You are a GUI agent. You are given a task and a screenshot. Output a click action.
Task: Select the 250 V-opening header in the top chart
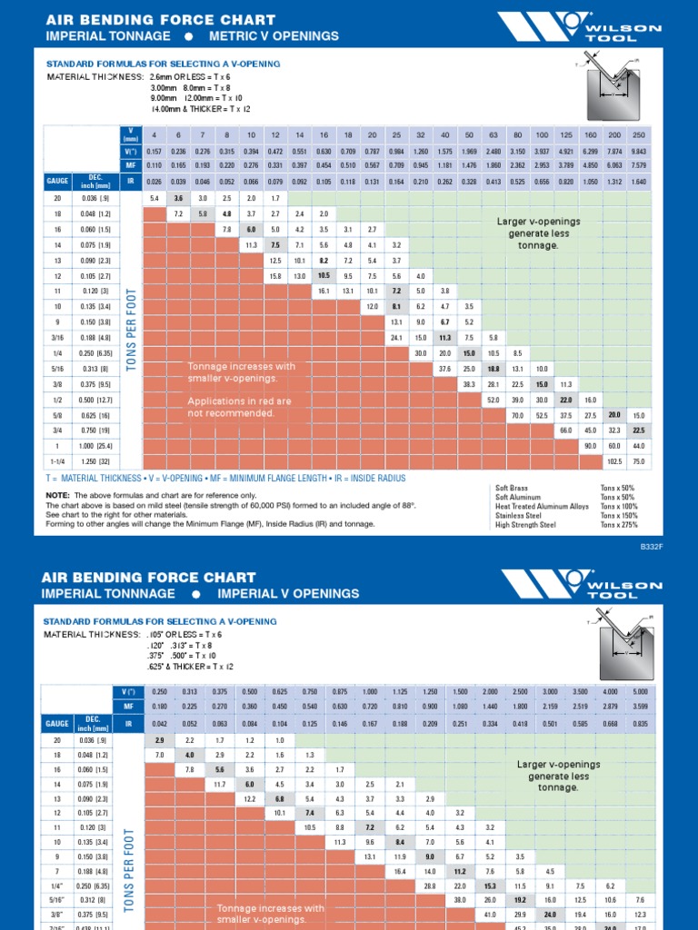pos(639,135)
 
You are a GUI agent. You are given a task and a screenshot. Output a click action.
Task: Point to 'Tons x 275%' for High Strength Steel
pos(619,524)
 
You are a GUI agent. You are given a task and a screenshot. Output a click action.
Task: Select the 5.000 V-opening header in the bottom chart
pos(639,691)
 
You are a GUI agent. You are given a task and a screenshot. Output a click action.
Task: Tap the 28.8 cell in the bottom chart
pos(431,885)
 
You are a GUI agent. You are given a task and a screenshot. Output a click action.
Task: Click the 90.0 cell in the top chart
pos(589,445)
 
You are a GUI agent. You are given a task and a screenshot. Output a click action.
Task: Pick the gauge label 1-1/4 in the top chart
pos(58,460)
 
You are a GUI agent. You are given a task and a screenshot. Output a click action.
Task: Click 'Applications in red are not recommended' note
pos(239,407)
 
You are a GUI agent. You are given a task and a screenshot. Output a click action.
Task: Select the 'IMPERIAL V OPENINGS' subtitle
pos(288,593)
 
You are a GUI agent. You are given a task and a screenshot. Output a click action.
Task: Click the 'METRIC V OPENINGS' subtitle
pos(274,35)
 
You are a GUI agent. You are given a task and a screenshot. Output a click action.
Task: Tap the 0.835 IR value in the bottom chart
pos(639,723)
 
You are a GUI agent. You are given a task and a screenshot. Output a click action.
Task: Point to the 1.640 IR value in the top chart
pos(639,181)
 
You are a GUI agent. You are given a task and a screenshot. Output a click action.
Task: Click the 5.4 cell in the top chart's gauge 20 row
pos(154,198)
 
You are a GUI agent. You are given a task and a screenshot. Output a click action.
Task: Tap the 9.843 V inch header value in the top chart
pos(639,151)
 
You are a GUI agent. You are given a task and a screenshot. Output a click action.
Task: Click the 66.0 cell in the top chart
pos(565,430)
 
